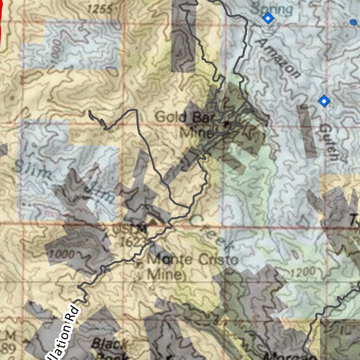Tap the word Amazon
click(x=278, y=58)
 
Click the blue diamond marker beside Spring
click(x=268, y=18)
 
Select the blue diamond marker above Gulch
click(x=324, y=101)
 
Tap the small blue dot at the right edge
click(x=353, y=22)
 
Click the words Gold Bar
click(x=178, y=117)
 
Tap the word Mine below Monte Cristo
click(x=165, y=274)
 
